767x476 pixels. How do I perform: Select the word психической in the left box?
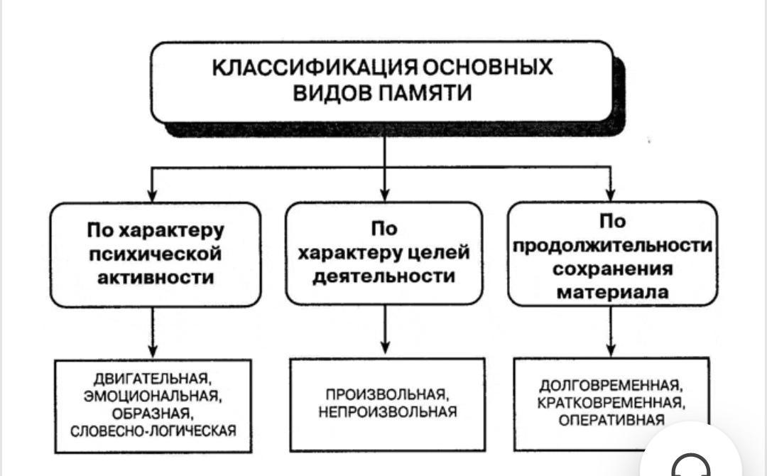154,254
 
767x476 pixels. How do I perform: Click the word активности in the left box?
154,277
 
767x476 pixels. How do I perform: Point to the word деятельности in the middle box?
383,276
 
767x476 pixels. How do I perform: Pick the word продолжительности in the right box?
612,245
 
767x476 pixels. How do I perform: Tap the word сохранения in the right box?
612,269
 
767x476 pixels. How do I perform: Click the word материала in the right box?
612,291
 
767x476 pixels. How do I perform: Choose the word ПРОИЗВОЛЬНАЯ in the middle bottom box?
386,394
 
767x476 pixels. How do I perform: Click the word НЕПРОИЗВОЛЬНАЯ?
386,412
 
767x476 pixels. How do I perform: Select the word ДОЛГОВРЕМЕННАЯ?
611,386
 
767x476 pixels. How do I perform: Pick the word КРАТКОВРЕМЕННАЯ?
611,403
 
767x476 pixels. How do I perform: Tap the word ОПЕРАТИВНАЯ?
611,420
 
